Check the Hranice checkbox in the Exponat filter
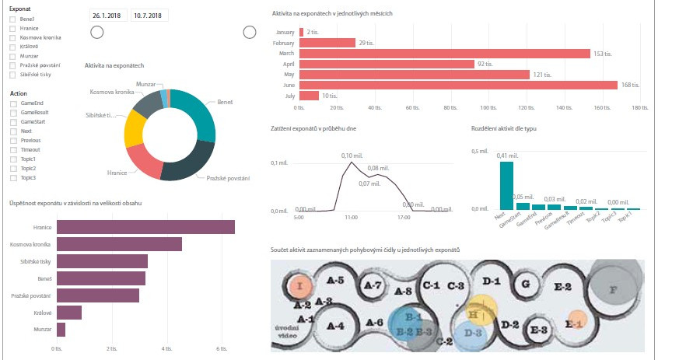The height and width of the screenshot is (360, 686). click(12, 30)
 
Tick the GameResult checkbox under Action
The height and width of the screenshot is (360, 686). click(12, 113)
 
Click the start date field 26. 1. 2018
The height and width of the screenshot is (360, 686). click(108, 15)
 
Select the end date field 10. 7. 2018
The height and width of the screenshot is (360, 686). click(148, 15)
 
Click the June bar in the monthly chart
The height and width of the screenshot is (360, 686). click(458, 85)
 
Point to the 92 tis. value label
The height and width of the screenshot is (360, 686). click(485, 64)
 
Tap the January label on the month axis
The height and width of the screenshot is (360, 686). click(285, 33)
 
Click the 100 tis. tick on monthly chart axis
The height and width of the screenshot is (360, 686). click(488, 108)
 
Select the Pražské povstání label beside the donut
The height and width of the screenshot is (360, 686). click(228, 179)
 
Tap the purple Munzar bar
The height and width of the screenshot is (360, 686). click(61, 330)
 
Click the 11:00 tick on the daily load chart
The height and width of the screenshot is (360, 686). click(351, 218)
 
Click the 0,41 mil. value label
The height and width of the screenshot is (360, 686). click(508, 156)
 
